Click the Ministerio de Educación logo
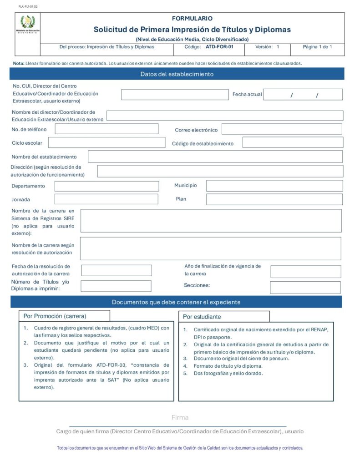[x=27, y=24]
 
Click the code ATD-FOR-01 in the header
[x=219, y=47]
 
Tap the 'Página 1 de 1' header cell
[x=317, y=47]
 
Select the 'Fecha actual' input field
[x=303, y=95]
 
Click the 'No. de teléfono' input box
[x=106, y=129]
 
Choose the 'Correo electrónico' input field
[x=282, y=129]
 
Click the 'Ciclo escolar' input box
[x=106, y=143]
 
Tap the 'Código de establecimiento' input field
[x=293, y=143]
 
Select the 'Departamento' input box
[x=106, y=186]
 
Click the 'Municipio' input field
[x=274, y=186]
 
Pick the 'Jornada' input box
[x=106, y=199]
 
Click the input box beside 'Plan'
[x=274, y=199]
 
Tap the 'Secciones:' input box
[x=305, y=288]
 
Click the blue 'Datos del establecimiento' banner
[x=177, y=74]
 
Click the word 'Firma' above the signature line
[x=180, y=417]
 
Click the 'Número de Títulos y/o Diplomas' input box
[x=116, y=286]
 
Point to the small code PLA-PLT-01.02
[x=28, y=7]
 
